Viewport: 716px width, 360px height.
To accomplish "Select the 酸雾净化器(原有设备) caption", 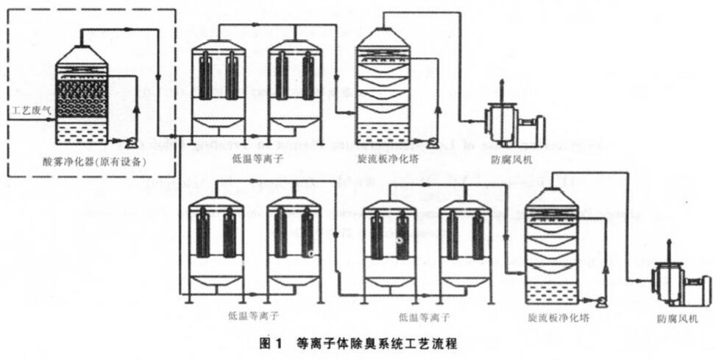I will pyautogui.click(x=91, y=162).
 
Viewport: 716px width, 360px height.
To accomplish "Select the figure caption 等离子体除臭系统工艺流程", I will pyautogui.click(x=377, y=343).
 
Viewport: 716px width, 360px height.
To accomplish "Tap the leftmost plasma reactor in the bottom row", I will pyautogui.click(x=216, y=247).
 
